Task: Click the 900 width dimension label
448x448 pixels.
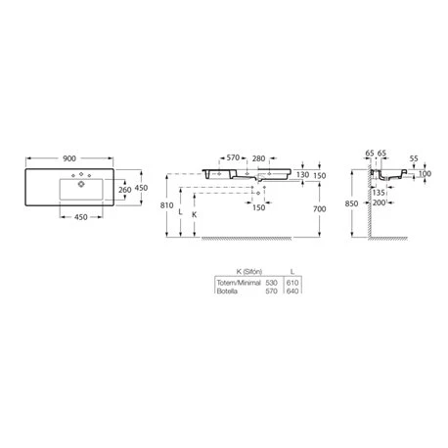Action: pos(69,158)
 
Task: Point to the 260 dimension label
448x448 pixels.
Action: pos(125,190)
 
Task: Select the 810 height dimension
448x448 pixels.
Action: pos(166,205)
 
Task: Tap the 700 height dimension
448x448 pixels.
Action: pos(320,209)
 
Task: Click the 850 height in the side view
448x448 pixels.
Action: pos(351,203)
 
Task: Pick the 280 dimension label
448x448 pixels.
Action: pos(258,158)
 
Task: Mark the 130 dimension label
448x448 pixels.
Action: pos(302,175)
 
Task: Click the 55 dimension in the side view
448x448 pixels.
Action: pos(414,158)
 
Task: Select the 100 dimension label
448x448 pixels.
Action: pos(425,174)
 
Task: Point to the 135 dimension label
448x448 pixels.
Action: pos(379,193)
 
